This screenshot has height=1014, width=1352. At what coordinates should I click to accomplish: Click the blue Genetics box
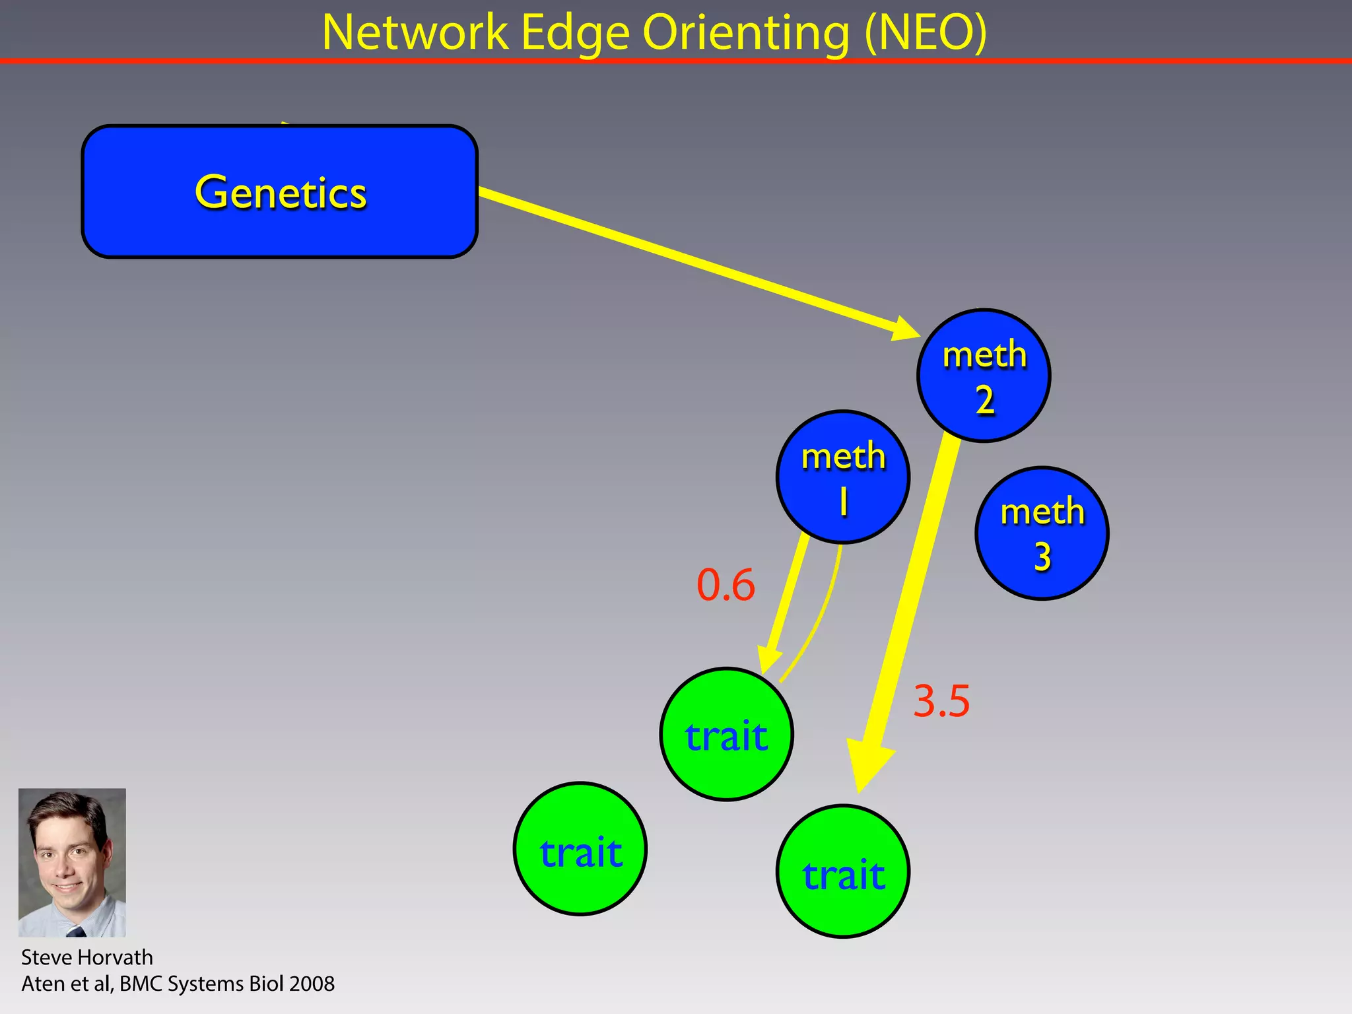click(279, 191)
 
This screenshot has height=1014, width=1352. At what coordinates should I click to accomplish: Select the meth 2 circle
click(984, 376)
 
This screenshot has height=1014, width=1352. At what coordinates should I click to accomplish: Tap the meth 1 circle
click(843, 477)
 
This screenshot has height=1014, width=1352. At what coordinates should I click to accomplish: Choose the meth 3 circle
click(1042, 533)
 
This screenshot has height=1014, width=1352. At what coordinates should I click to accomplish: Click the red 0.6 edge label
click(726, 585)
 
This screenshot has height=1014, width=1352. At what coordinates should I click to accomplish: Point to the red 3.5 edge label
click(941, 700)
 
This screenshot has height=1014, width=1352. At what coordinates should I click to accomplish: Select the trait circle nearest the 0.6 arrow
click(726, 734)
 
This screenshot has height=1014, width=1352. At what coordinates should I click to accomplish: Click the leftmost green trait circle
click(580, 849)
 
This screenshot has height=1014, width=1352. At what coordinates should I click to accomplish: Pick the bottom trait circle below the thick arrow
click(843, 871)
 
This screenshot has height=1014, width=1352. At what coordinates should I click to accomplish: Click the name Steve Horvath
click(86, 957)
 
